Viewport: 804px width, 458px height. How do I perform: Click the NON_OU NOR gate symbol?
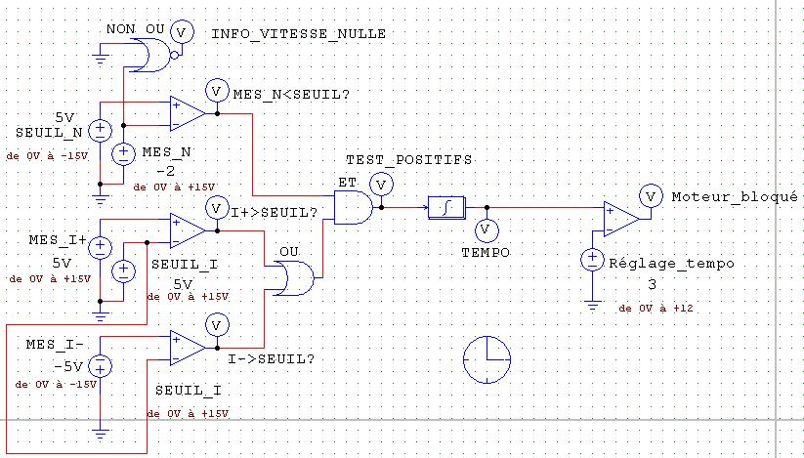click(x=151, y=56)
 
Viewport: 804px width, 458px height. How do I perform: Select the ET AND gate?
click(x=354, y=207)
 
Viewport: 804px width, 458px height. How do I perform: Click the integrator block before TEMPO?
click(x=447, y=207)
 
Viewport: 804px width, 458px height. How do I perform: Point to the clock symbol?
click(x=487, y=359)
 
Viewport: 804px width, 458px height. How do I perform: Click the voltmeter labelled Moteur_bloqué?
click(x=651, y=196)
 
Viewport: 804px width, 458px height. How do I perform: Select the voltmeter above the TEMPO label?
click(x=487, y=231)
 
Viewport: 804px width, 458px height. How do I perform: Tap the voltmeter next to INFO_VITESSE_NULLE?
click(x=181, y=32)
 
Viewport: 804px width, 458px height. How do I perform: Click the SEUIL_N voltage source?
click(x=100, y=131)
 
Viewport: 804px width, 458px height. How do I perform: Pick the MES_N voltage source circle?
click(x=123, y=153)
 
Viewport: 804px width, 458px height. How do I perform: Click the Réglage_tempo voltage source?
click(x=592, y=259)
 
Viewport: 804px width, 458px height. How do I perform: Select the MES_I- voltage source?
click(x=100, y=366)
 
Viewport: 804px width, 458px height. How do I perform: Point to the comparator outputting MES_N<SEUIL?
click(x=189, y=113)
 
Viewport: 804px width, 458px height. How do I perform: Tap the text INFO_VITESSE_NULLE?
click(x=298, y=34)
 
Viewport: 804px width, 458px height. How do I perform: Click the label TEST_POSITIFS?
click(x=408, y=160)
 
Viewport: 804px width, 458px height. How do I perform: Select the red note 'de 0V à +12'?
click(x=656, y=309)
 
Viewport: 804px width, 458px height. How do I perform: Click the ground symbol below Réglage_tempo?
click(x=592, y=306)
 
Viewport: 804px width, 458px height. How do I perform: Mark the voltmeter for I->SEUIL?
click(x=216, y=325)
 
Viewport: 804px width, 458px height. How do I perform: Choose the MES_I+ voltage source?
click(x=100, y=247)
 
